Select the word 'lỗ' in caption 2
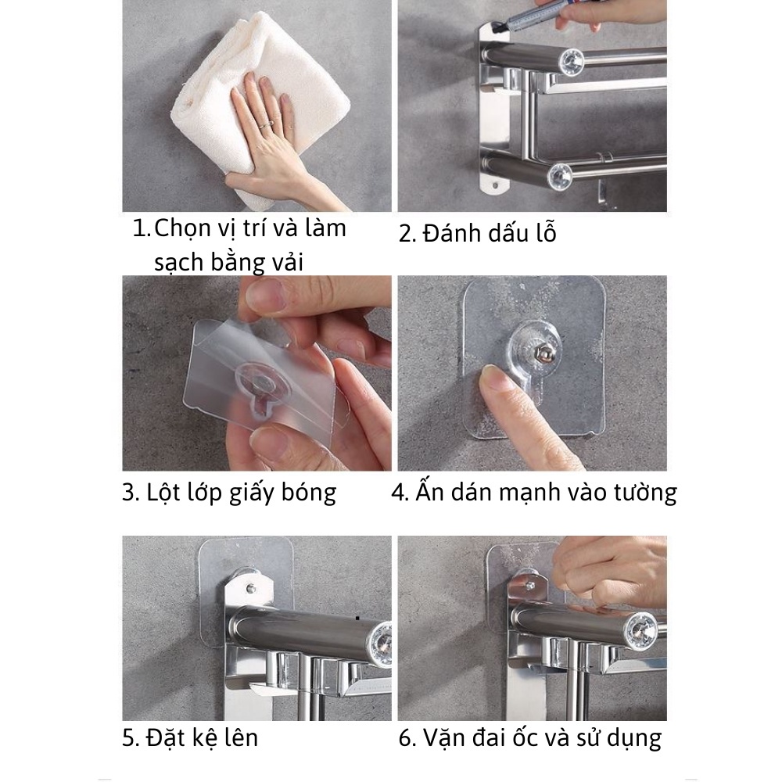(543, 233)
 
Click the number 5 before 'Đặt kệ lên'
(130, 737)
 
